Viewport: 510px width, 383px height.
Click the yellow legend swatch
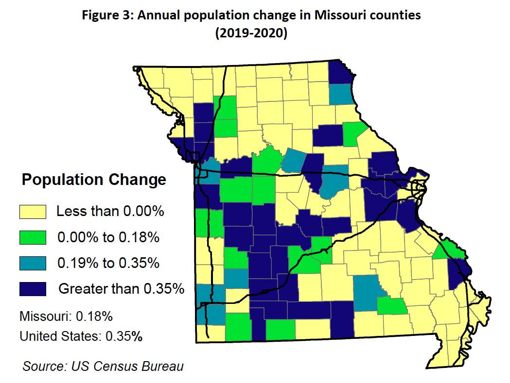point(33,212)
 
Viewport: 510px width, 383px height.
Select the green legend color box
point(33,237)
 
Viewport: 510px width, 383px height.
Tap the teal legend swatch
point(33,263)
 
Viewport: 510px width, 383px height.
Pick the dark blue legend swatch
point(33,289)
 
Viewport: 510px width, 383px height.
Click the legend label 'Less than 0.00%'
point(110,212)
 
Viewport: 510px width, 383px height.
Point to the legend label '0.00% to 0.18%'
point(108,237)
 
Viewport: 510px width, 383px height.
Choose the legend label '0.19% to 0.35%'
point(108,263)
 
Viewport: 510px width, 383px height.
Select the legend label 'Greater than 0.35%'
point(121,289)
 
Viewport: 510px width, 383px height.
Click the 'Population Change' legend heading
point(94,180)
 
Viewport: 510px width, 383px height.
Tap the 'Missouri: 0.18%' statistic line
point(66,316)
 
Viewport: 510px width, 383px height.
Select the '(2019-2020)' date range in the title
point(251,33)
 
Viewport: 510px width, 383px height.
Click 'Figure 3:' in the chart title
point(109,15)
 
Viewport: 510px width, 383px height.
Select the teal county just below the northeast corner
point(340,94)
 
